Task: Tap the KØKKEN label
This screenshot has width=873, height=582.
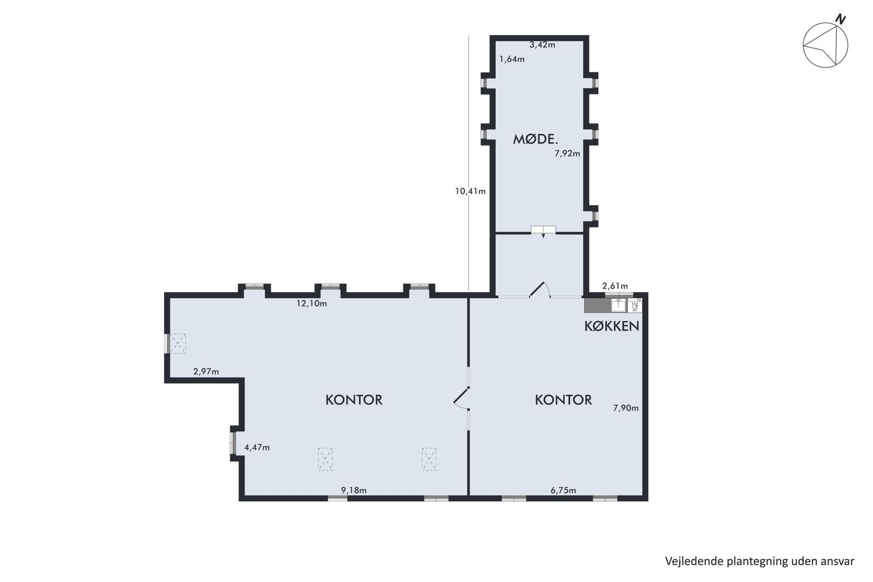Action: point(612,326)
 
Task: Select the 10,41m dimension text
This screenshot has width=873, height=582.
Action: point(470,191)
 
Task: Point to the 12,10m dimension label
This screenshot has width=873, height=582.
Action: point(312,303)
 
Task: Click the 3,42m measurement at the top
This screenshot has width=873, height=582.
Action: point(542,45)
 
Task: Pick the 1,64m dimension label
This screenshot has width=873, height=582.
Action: point(512,59)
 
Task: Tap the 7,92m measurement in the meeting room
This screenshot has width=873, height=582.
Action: point(567,153)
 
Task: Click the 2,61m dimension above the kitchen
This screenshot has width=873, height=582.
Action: point(615,286)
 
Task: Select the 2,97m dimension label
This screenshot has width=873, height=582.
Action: point(206,372)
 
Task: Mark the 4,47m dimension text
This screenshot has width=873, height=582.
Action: point(257,447)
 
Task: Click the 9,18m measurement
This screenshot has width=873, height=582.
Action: point(354,490)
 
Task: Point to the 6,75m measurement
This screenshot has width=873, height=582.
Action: point(563,490)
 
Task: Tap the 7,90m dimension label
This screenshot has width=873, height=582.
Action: point(626,408)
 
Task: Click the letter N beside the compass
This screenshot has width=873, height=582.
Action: point(841,19)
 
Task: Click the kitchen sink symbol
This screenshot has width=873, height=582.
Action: point(618,305)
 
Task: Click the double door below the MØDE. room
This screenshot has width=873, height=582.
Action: point(543,230)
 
